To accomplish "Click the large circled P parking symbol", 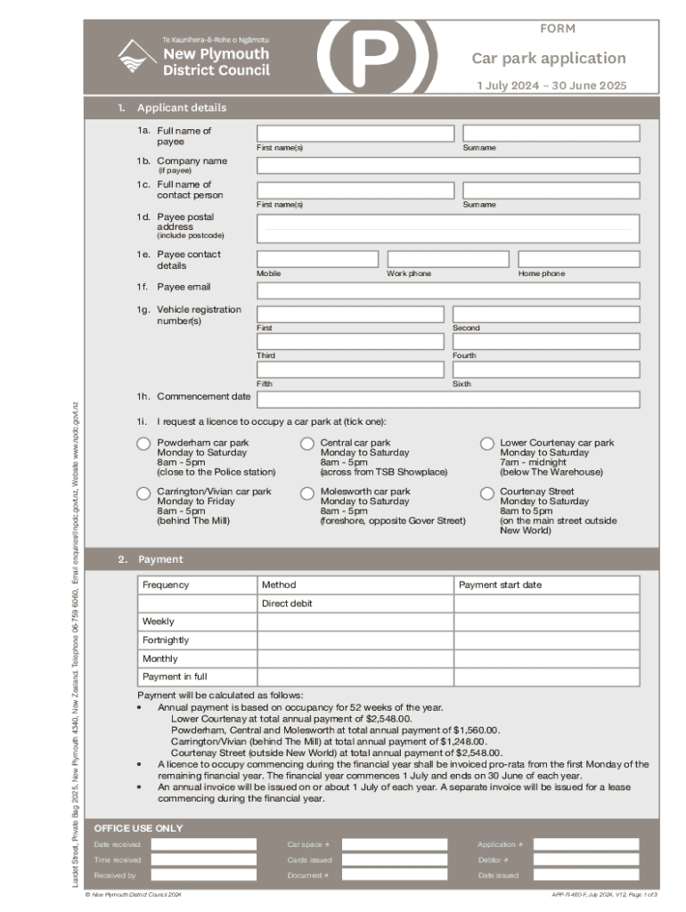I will pyautogui.click(x=377, y=53).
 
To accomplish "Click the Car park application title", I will pyautogui.click(x=549, y=59).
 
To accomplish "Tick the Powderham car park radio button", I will pyautogui.click(x=143, y=444).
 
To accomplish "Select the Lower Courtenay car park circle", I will pyautogui.click(x=487, y=444).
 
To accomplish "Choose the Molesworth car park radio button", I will pyautogui.click(x=307, y=493).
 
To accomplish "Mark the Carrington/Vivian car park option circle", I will pyautogui.click(x=143, y=493).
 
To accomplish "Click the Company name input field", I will pyautogui.click(x=448, y=166).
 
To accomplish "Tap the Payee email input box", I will pyautogui.click(x=448, y=290).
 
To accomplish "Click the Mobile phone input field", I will pyautogui.click(x=317, y=259).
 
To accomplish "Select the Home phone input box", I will pyautogui.click(x=578, y=259).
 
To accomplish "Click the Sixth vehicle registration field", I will pyautogui.click(x=545, y=370).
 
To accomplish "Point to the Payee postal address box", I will pyautogui.click(x=448, y=229).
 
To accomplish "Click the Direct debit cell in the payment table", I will pyautogui.click(x=355, y=604).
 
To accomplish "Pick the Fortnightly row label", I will pyautogui.click(x=166, y=640).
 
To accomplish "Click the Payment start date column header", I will pyautogui.click(x=500, y=585).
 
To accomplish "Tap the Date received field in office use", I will pyautogui.click(x=203, y=844).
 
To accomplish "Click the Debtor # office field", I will pyautogui.click(x=585, y=860).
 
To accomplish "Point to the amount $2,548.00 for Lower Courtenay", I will pyautogui.click(x=388, y=718).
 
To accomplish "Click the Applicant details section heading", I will pyautogui.click(x=182, y=108).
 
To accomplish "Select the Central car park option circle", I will pyautogui.click(x=307, y=444).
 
